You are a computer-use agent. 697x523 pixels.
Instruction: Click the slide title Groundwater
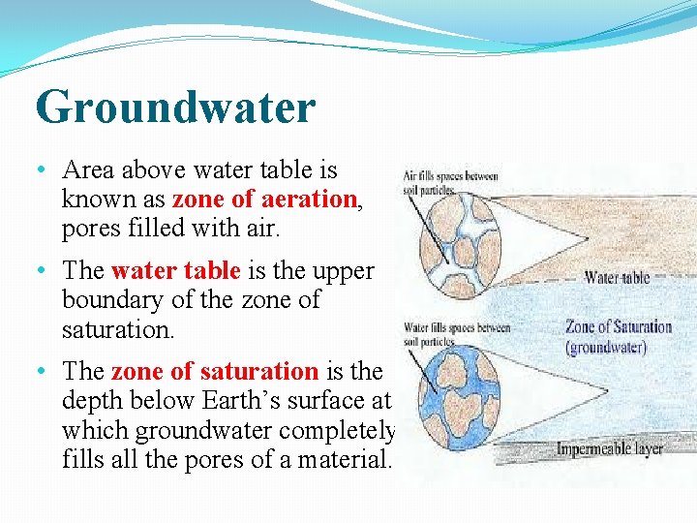click(175, 107)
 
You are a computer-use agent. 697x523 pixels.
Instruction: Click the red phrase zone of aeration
click(264, 200)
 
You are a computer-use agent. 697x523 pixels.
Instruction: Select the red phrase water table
click(174, 270)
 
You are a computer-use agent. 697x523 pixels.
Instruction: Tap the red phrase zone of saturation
click(214, 371)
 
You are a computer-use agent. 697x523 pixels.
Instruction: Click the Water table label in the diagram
click(617, 278)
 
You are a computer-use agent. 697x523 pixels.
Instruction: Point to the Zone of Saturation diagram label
click(618, 327)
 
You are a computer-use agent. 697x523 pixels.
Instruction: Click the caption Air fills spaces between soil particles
click(451, 183)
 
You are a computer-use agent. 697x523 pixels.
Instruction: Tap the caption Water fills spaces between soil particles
click(455, 334)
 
